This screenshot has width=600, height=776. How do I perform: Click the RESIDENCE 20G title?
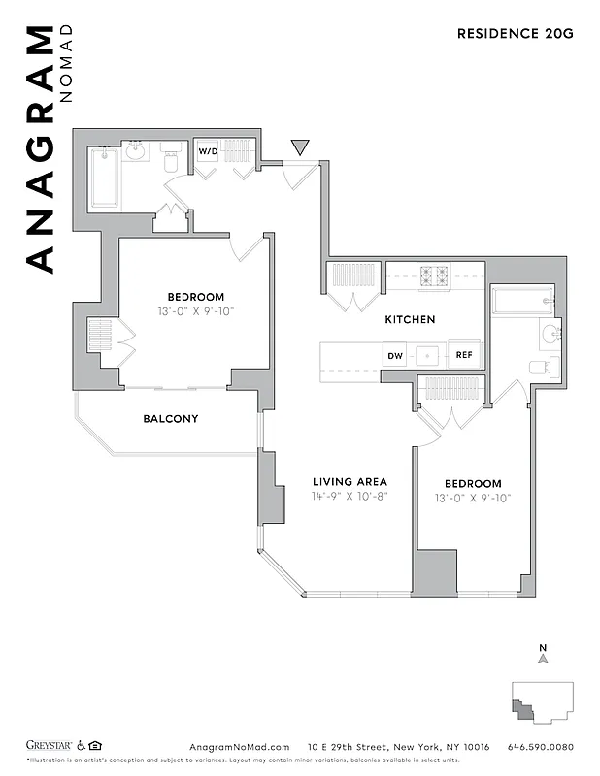pyautogui.click(x=516, y=33)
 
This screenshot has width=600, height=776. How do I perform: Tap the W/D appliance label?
pyautogui.click(x=209, y=152)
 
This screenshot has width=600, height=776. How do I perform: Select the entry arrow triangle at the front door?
pyautogui.click(x=301, y=147)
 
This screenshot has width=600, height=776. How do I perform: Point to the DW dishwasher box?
pyautogui.click(x=395, y=356)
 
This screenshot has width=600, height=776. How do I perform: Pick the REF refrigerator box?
pyautogui.click(x=464, y=356)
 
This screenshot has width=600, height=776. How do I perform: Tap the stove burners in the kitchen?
pyautogui.click(x=432, y=276)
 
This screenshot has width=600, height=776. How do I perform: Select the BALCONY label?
pyautogui.click(x=171, y=419)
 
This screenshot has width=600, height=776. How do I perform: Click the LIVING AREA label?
pyautogui.click(x=350, y=482)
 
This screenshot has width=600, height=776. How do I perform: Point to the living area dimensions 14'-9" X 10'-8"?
pyautogui.click(x=350, y=498)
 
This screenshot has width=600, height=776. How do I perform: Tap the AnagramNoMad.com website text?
pyautogui.click(x=239, y=747)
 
